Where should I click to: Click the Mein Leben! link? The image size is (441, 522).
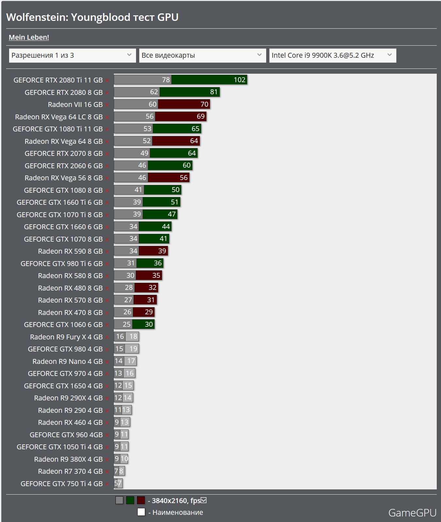[29, 37]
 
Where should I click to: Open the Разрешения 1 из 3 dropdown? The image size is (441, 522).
[72, 55]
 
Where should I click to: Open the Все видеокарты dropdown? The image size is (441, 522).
[202, 55]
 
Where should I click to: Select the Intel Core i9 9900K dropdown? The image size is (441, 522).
[332, 55]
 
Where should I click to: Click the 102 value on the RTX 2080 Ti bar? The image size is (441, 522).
[239, 80]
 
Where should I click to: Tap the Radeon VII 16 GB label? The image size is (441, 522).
[75, 105]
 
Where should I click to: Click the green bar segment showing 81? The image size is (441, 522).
[190, 92]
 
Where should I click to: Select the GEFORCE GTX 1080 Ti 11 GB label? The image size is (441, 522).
[58, 129]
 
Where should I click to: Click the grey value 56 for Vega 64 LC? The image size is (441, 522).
[149, 117]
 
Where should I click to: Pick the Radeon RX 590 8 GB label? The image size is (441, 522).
[70, 251]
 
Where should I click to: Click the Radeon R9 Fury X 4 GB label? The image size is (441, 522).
[66, 337]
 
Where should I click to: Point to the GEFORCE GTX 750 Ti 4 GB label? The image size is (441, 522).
[61, 484]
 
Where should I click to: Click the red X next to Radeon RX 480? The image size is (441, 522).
[107, 288]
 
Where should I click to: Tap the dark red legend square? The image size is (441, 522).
[141, 500]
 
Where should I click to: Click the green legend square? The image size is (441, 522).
[130, 500]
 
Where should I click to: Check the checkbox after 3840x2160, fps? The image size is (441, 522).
[204, 500]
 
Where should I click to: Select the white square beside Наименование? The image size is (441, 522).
[141, 512]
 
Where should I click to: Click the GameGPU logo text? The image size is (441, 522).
[412, 513]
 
